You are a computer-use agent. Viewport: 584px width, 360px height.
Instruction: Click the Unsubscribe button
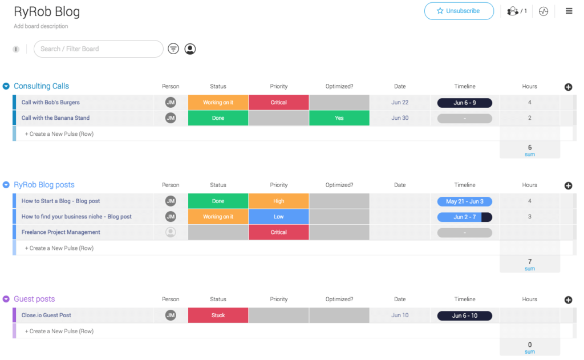pos(459,11)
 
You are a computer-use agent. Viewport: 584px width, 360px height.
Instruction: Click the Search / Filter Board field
pos(99,49)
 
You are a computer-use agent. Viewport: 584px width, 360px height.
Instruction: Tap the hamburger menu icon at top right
pos(569,11)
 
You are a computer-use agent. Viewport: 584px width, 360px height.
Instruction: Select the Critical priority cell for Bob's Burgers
pos(278,103)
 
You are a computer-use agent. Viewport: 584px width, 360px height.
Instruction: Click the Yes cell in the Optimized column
pos(339,118)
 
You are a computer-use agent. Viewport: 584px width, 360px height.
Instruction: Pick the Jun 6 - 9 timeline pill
pos(464,103)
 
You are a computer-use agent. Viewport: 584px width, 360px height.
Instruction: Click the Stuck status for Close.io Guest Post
pos(218,315)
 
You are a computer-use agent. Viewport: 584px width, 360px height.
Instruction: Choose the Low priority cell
pos(278,217)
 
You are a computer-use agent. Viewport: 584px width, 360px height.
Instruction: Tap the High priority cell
pos(278,201)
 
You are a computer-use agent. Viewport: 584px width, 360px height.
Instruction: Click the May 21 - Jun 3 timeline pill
pos(464,201)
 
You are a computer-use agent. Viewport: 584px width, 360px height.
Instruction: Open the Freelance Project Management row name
pos(61,232)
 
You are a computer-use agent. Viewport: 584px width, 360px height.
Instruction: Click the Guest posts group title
pos(34,299)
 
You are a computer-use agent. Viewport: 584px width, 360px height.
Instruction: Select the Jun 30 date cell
pos(400,118)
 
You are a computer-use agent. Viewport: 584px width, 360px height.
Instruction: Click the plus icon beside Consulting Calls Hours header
pos(568,87)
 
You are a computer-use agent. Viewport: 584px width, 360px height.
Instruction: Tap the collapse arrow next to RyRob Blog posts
pos(6,185)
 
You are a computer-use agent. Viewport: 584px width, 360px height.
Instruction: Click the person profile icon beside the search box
pos(190,49)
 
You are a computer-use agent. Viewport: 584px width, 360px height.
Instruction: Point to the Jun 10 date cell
pos(400,315)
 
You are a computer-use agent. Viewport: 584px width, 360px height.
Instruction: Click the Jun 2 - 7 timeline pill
pos(464,217)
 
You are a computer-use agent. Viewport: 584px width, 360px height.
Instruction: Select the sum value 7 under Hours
pos(530,262)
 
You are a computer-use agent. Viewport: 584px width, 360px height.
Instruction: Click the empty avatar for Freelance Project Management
pos(171,232)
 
